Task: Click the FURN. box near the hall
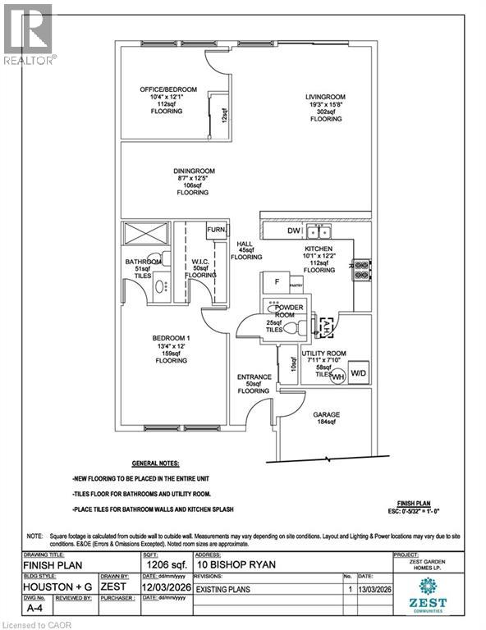[217, 231]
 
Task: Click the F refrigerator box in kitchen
[277, 281]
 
